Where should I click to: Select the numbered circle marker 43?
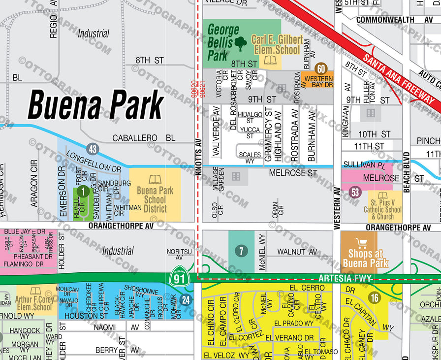(x=93, y=148)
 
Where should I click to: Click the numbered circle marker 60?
(x=321, y=69)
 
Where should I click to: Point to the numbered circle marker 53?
(x=355, y=192)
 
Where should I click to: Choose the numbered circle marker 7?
(x=241, y=252)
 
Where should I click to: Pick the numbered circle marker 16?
(x=375, y=297)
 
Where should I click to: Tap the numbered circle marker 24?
(x=186, y=299)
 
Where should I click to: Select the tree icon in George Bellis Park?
(x=241, y=44)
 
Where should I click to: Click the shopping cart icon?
(x=362, y=243)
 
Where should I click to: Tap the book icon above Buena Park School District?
(x=155, y=180)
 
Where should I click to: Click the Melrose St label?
(x=293, y=173)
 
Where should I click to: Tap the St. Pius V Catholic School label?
(x=385, y=209)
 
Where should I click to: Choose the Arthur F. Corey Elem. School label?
(x=34, y=303)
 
